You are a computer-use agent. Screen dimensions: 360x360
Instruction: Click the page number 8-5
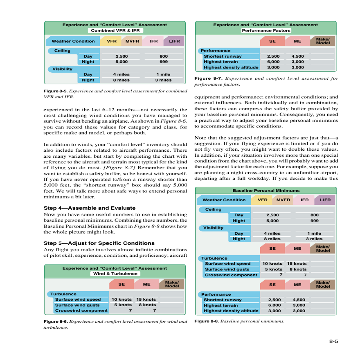pos(333,341)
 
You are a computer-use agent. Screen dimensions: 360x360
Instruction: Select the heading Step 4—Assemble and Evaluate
pos(89,208)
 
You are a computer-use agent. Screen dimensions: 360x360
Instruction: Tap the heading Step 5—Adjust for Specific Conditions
pos(99,243)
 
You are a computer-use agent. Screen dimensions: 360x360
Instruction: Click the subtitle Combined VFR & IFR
pos(115,31)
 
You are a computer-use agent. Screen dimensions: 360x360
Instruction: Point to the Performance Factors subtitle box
pos(266,31)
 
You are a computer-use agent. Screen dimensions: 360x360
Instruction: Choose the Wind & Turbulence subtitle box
pos(115,274)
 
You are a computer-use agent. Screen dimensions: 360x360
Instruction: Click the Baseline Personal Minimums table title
pos(266,190)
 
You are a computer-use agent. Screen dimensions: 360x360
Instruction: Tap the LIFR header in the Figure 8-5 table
pos(174,41)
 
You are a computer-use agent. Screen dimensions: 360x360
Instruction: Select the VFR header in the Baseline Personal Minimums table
pos(262,200)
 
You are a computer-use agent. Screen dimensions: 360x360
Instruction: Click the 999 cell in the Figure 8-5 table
pos(163,61)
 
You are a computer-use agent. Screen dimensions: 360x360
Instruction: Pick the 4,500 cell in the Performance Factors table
pos(297,56)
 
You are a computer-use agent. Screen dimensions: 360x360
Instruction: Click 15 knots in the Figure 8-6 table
pos(146,300)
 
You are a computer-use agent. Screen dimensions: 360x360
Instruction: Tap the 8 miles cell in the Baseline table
pos(272,239)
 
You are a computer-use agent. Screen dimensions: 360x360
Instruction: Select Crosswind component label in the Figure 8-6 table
pos(81,310)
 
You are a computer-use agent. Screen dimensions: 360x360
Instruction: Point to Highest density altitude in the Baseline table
pos(231,311)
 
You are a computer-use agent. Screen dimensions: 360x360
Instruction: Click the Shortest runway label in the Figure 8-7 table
pos(223,56)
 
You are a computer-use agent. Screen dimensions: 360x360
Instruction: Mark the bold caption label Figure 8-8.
pos(206,321)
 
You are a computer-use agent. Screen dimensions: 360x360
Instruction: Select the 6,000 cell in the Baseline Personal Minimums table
pos(274,305)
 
